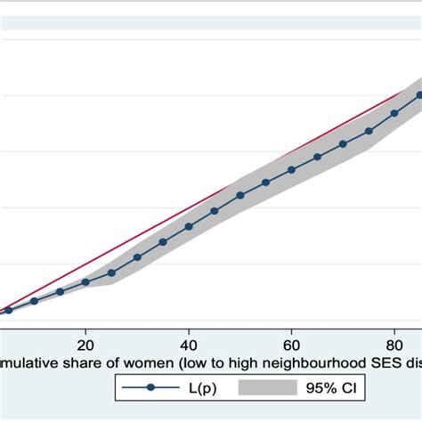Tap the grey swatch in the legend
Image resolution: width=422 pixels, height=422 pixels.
coord(268,387)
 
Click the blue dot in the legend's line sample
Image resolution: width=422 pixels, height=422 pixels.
coord(151,387)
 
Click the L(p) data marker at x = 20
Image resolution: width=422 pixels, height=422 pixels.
coord(85,282)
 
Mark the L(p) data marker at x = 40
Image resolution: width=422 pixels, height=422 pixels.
coord(189,226)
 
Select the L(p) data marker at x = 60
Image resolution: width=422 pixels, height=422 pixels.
coord(291,169)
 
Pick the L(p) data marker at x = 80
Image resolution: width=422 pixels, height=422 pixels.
coord(394,113)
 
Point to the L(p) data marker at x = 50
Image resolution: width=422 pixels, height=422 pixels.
coord(239,195)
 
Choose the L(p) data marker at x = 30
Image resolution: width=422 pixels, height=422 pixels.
coord(137,257)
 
